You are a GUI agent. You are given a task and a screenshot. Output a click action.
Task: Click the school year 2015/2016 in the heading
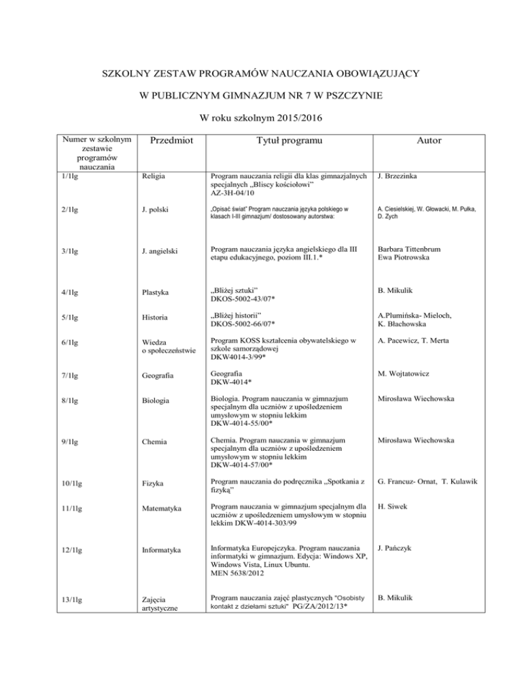tap(287, 117)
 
